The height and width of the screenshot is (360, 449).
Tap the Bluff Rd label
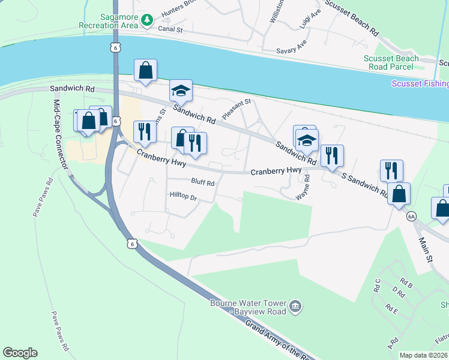pos(202,184)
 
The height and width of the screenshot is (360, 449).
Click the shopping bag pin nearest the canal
pos(146,70)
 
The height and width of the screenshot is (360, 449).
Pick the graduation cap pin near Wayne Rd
pos(307,141)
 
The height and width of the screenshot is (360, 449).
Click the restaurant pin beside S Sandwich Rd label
pos(331,155)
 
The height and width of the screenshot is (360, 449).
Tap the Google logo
pos(20,353)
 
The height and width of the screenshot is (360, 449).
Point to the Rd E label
pos(392,310)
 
